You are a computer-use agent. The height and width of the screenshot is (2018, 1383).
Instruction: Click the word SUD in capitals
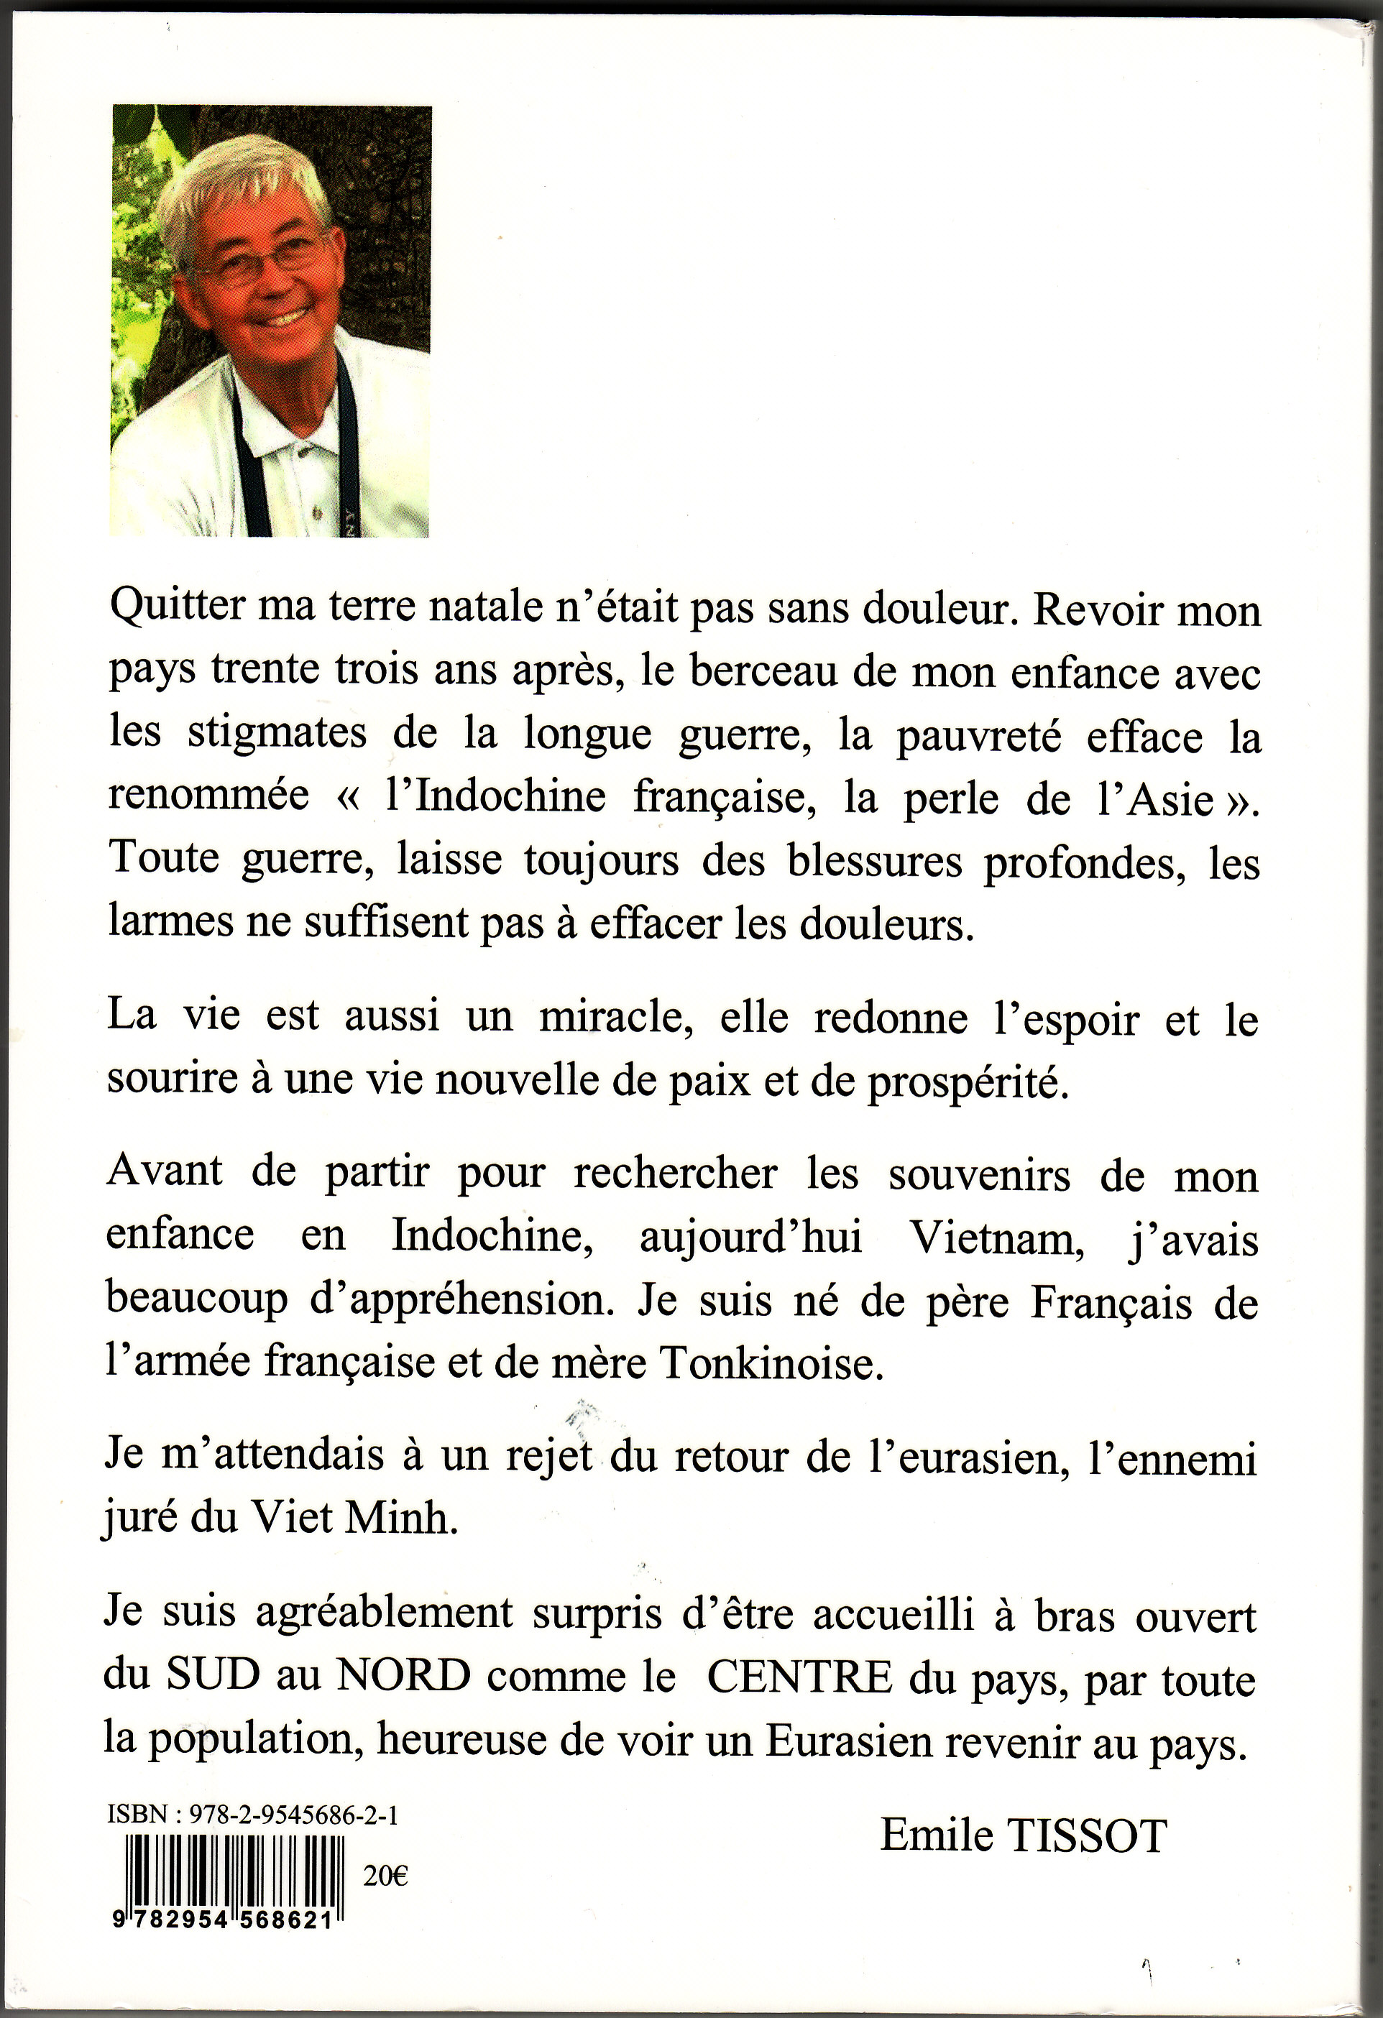click(213, 1676)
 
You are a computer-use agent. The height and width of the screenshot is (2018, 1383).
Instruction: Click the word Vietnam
click(996, 1239)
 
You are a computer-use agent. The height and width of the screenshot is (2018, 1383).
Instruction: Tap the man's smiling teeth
click(285, 318)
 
